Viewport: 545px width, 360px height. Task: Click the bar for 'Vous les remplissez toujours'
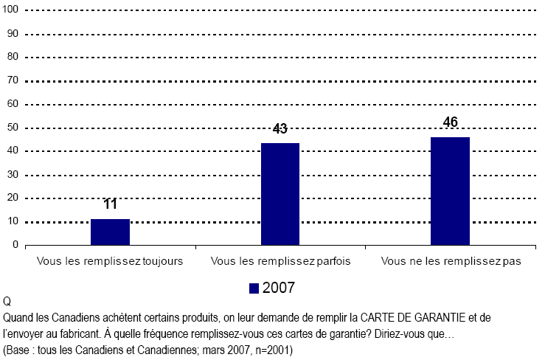[111, 232]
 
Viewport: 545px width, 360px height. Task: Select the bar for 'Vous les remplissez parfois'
[280, 195]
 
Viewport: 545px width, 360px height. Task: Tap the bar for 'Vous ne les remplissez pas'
[450, 191]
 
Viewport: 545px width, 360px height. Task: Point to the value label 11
[111, 204]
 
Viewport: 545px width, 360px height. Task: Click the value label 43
[280, 129]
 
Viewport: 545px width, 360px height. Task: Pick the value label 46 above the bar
[450, 122]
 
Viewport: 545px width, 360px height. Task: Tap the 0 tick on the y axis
[15, 246]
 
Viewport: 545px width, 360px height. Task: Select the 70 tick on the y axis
[13, 81]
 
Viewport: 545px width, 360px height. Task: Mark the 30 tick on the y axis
[13, 175]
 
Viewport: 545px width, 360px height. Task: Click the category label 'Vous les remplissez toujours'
[110, 262]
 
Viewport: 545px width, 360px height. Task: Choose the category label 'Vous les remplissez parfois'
[280, 262]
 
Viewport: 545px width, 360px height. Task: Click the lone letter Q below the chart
[7, 302]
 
